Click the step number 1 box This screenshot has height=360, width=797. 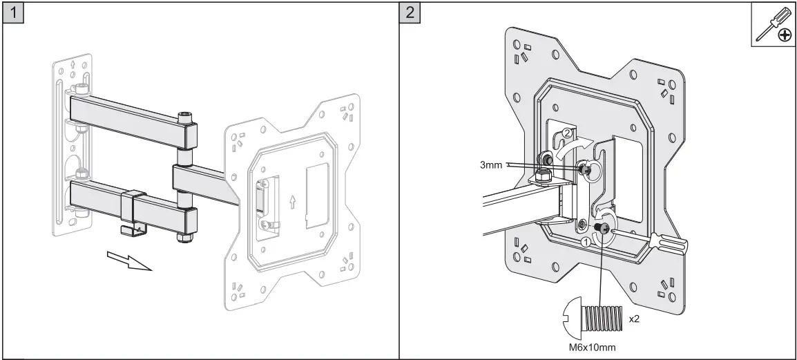point(12,13)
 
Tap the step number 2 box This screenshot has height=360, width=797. point(411,13)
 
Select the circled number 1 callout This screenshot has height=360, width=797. point(585,242)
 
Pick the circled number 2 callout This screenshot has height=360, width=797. point(566,133)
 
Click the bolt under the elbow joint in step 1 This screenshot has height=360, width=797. point(185,237)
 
